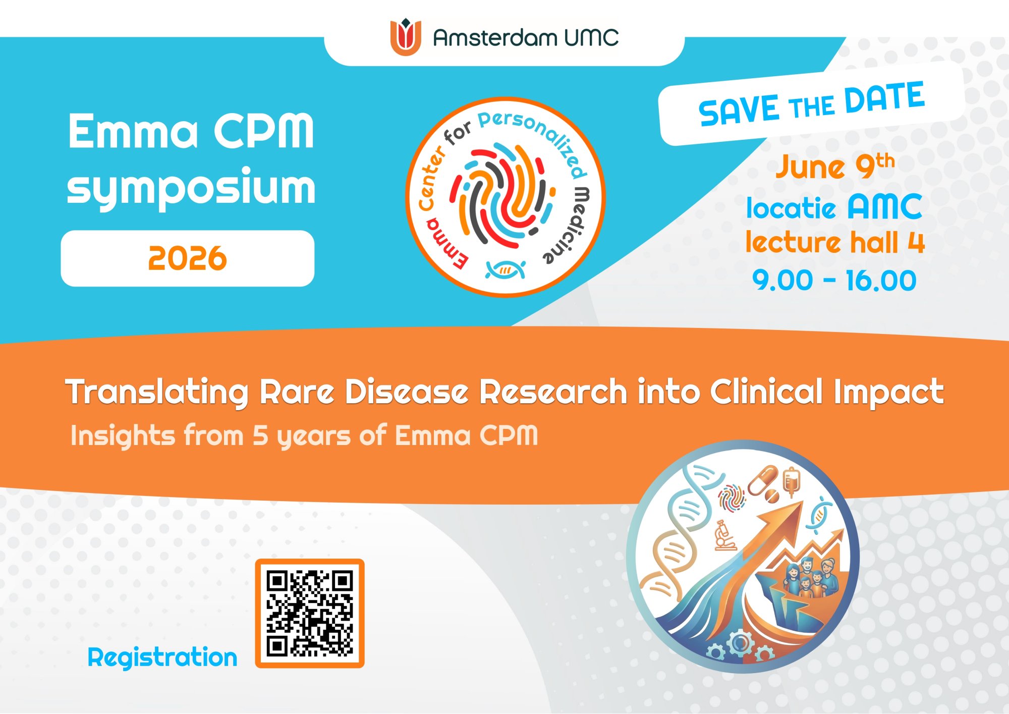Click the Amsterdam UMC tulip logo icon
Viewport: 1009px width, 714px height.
[x=406, y=37]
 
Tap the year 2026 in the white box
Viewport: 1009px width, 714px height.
[x=188, y=258]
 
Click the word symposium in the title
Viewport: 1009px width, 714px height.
[x=191, y=187]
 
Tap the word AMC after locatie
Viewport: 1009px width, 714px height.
[x=884, y=206]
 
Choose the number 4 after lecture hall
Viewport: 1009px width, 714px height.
[x=916, y=242]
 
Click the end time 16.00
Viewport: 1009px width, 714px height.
[x=881, y=281]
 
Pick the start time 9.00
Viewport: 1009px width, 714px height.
[x=782, y=281]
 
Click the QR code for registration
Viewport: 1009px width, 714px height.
[x=310, y=614]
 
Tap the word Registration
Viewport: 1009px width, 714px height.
[x=162, y=658]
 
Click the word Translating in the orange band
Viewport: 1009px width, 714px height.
[x=157, y=393]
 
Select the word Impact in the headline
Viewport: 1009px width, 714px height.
[x=888, y=393]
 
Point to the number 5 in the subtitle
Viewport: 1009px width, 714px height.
[x=260, y=435]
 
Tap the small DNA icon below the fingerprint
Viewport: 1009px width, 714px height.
[x=506, y=269]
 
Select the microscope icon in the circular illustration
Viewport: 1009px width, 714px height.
[x=724, y=535]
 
